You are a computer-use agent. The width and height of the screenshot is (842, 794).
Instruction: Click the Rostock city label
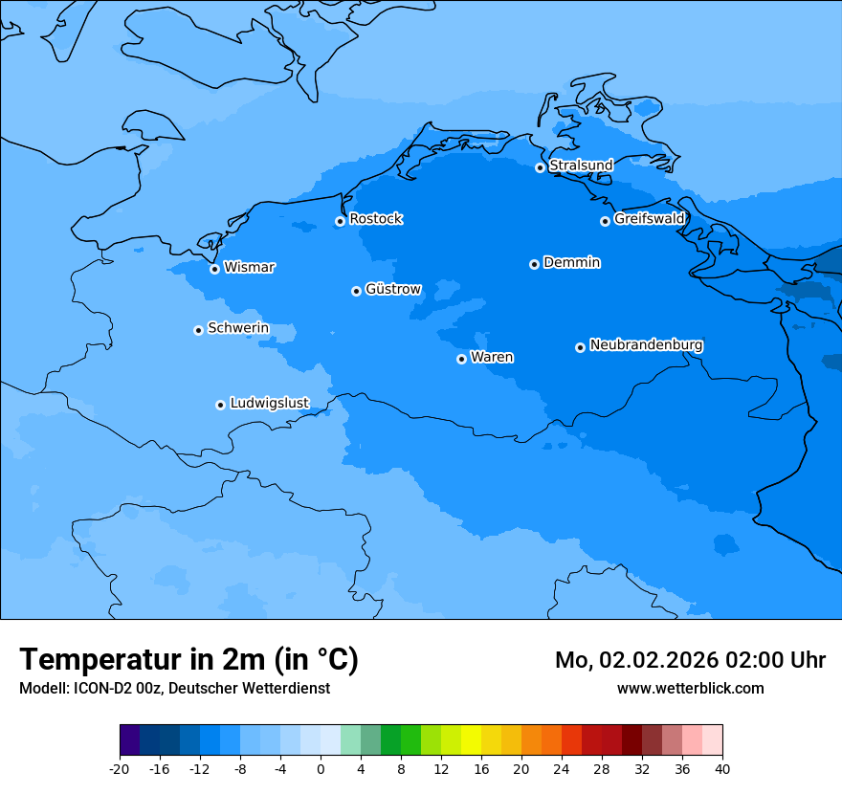(x=375, y=219)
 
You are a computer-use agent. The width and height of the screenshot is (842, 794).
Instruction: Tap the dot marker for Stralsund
(x=540, y=167)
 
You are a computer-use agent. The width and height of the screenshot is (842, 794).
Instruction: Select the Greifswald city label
(x=649, y=219)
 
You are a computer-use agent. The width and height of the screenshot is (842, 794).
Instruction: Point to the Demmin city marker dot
(x=534, y=264)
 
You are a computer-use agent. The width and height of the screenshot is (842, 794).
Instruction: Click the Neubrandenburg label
(x=646, y=345)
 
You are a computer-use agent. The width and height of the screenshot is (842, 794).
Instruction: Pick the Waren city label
(x=492, y=358)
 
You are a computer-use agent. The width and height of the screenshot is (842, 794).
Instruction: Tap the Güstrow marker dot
(x=356, y=291)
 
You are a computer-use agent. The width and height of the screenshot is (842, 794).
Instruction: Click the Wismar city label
(x=249, y=268)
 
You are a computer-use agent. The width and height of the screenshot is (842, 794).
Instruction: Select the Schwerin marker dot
(x=198, y=330)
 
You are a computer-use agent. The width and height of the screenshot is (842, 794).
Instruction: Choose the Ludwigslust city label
(x=269, y=404)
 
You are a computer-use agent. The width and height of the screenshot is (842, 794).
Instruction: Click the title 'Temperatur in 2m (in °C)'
(x=188, y=660)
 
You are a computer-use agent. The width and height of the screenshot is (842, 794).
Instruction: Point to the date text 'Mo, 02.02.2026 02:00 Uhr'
(x=690, y=661)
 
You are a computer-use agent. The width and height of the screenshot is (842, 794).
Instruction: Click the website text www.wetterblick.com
(x=690, y=688)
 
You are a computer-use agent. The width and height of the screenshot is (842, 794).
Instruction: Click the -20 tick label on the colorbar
(x=120, y=769)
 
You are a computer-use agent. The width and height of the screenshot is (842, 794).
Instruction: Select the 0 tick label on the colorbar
(x=321, y=769)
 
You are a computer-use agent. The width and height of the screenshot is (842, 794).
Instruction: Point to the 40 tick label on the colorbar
(x=722, y=769)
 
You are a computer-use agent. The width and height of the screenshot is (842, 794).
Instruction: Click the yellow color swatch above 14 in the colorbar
(x=471, y=740)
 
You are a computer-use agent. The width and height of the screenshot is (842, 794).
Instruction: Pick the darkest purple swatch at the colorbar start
(x=129, y=740)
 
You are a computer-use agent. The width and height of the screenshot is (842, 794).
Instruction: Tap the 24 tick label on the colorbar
(x=562, y=769)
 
